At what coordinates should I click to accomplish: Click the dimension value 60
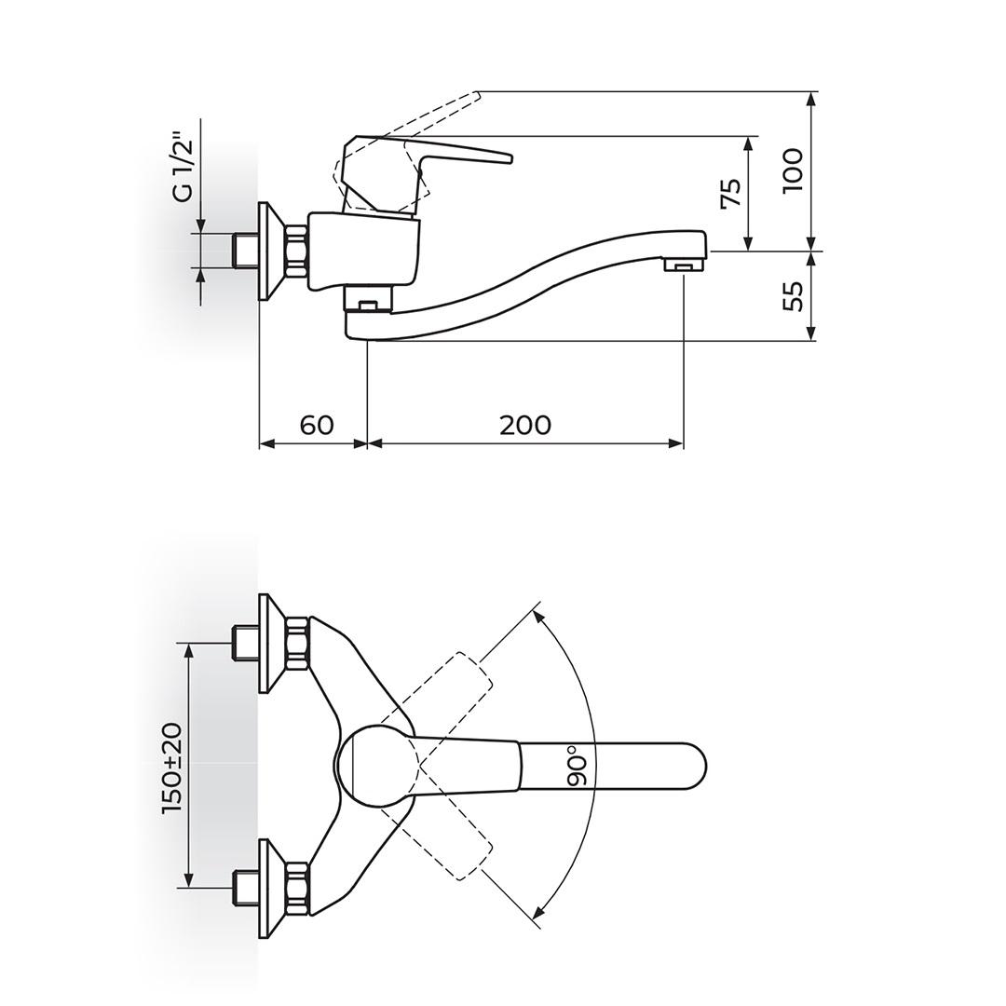pyautogui.click(x=317, y=425)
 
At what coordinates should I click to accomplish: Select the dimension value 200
pyautogui.click(x=525, y=425)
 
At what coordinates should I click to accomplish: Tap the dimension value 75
pyautogui.click(x=732, y=192)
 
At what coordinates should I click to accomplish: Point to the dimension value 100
pyautogui.click(x=793, y=170)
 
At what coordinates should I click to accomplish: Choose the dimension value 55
pyautogui.click(x=793, y=296)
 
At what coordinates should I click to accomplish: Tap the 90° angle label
pyautogui.click(x=578, y=766)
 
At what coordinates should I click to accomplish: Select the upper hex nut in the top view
pyautogui.click(x=296, y=643)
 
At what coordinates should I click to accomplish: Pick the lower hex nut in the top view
pyautogui.click(x=296, y=887)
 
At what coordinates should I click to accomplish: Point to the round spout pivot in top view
pyautogui.click(x=377, y=766)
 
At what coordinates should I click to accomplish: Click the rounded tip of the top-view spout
pyautogui.click(x=694, y=766)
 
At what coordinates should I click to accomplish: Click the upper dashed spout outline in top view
pyautogui.click(x=456, y=689)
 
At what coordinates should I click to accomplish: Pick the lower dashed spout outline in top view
pyautogui.click(x=456, y=843)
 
